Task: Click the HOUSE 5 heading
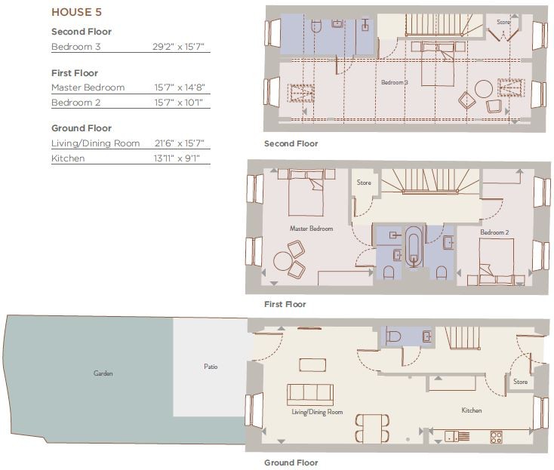(77, 12)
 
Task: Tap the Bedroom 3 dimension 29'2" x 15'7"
(178, 47)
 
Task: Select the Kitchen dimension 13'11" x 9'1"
(177, 158)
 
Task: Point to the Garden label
(103, 373)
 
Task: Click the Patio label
(211, 367)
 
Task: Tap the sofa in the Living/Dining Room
(310, 395)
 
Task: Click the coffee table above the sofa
(312, 365)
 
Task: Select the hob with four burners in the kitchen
(496, 437)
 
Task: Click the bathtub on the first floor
(414, 246)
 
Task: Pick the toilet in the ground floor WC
(393, 336)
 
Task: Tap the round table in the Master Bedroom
(282, 261)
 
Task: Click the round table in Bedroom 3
(484, 89)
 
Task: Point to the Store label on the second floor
(504, 22)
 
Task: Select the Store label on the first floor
(364, 183)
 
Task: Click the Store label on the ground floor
(521, 382)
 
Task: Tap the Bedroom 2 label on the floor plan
(494, 232)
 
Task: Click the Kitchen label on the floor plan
(472, 410)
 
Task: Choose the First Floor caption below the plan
(285, 304)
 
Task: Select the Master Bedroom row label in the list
(88, 88)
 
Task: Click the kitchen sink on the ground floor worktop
(452, 437)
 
